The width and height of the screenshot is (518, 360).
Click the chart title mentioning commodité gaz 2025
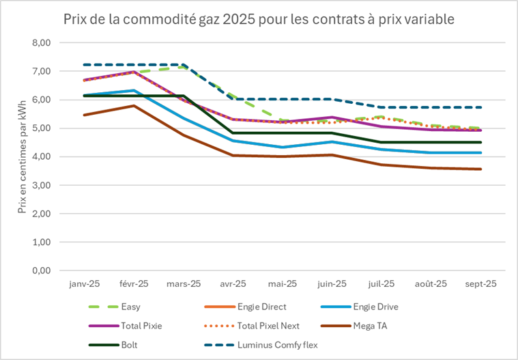pyautogui.click(x=259, y=18)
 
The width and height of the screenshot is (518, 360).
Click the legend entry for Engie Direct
pyautogui.click(x=271, y=307)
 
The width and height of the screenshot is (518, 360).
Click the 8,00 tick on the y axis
pyautogui.click(x=43, y=42)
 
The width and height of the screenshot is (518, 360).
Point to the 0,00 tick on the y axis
pyautogui.click(x=43, y=271)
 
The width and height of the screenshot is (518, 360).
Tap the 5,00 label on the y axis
pyautogui.click(x=43, y=128)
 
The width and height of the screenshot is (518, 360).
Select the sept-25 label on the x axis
pyautogui.click(x=481, y=283)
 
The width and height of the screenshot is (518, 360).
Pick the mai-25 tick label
pyautogui.click(x=283, y=283)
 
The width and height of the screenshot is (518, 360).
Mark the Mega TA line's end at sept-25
pyautogui.click(x=481, y=169)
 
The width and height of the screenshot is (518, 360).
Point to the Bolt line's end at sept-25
pyautogui.click(x=481, y=142)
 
